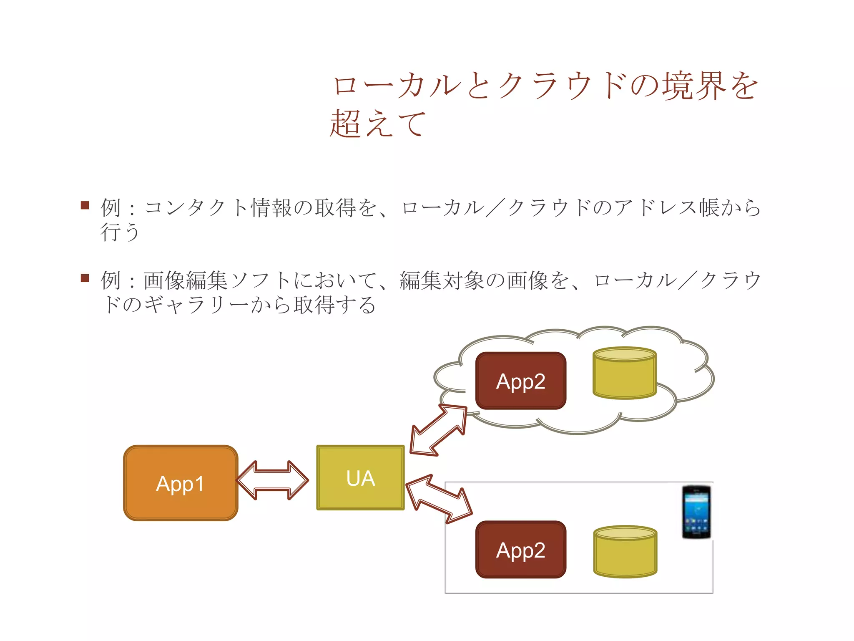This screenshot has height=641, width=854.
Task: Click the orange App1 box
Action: click(x=181, y=483)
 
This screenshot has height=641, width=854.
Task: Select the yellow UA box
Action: click(x=360, y=478)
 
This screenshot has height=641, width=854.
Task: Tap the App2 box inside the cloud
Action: click(x=521, y=381)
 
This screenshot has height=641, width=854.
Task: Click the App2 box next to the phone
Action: click(x=521, y=550)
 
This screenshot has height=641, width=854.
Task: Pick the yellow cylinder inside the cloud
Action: click(x=624, y=373)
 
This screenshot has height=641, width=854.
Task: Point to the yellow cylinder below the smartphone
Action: click(x=625, y=551)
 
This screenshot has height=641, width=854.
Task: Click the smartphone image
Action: click(x=696, y=512)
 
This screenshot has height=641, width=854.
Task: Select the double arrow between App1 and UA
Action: click(x=273, y=480)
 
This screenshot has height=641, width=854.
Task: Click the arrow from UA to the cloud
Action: click(x=439, y=430)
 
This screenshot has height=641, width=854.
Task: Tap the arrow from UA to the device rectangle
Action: click(x=439, y=498)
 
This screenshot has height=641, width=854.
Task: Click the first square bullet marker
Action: click(x=85, y=205)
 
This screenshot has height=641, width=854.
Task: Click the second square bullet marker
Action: click(x=85, y=278)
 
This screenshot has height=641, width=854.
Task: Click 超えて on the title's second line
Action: click(x=378, y=124)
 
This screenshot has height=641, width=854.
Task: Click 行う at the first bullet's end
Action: click(x=120, y=232)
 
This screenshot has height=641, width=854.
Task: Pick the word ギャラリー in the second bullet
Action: click(x=197, y=305)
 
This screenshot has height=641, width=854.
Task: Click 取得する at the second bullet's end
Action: click(x=334, y=305)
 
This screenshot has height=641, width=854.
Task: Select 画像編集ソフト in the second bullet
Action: click(x=217, y=280)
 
